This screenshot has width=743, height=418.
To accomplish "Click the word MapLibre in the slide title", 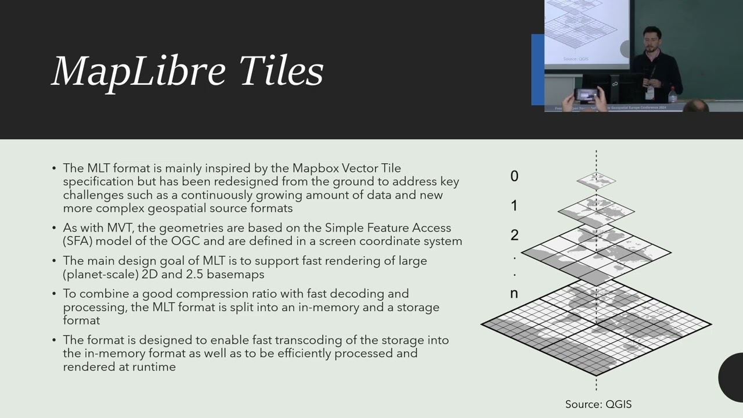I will click(139, 71).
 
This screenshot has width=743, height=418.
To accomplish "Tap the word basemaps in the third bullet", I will click(239, 274).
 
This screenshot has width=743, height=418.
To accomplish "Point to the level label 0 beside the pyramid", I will click(514, 176).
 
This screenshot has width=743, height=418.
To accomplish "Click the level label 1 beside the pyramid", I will click(514, 206).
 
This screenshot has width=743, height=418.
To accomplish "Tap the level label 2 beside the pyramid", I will click(514, 235).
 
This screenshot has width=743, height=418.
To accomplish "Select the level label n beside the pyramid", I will click(514, 294).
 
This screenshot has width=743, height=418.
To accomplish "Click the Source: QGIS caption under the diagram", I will click(598, 404).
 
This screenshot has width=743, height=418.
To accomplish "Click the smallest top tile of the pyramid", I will click(596, 181).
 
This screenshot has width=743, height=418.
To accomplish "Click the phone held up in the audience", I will click(587, 94).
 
